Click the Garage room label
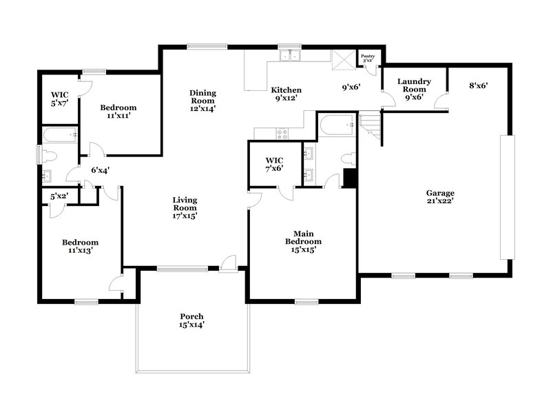pyautogui.click(x=439, y=197)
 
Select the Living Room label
pyautogui.click(x=185, y=208)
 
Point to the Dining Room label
pyautogui.click(x=203, y=97)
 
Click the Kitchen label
pyautogui.click(x=285, y=94)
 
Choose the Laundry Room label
pyautogui.click(x=414, y=89)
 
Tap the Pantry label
pyautogui.click(x=368, y=59)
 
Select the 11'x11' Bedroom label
pyautogui.click(x=118, y=112)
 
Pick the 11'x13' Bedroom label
pyautogui.click(x=80, y=247)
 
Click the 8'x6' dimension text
pyautogui.click(x=479, y=85)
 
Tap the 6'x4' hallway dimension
pyautogui.click(x=101, y=169)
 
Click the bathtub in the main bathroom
pyautogui.click(x=336, y=125)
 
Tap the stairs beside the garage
pyautogui.click(x=371, y=128)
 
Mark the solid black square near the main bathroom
pyautogui.click(x=349, y=178)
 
